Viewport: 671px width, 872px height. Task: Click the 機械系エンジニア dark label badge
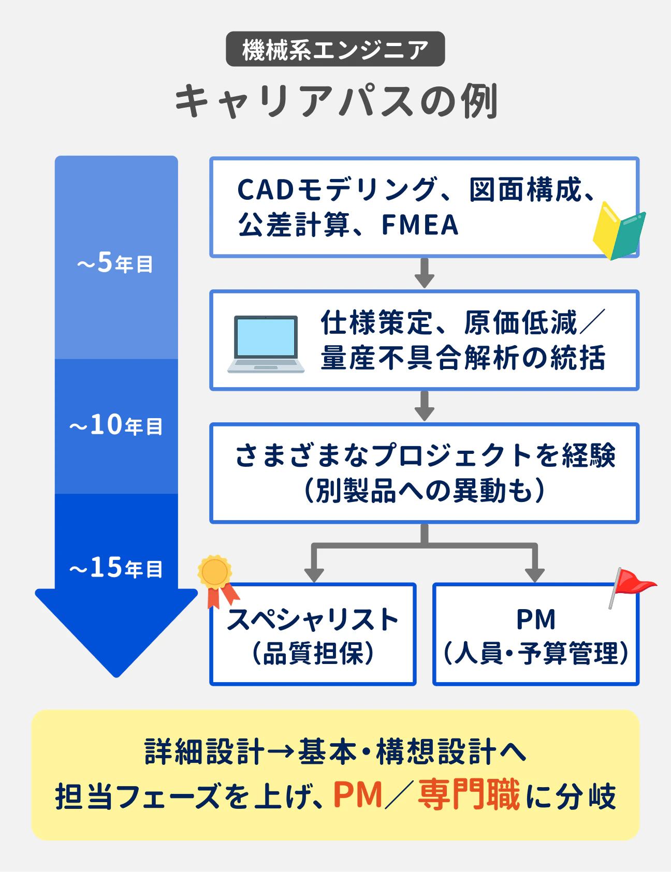pos(335,49)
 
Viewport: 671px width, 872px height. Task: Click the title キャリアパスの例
pos(335,101)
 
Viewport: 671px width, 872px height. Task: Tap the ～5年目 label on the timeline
pos(115,263)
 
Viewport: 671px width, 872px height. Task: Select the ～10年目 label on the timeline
pos(116,425)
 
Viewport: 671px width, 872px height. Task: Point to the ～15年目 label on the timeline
pos(116,568)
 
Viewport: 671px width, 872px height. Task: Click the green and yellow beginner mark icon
pos(619,231)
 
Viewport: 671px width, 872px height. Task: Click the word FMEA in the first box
pos(420,225)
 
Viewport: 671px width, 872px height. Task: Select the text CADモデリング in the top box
pos(337,189)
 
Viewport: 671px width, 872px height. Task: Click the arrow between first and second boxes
pos(424,273)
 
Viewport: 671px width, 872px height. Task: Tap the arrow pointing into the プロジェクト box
pos(424,407)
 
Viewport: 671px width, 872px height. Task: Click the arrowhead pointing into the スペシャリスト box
pos(314,574)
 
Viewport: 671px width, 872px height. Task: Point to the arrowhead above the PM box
pos(534,574)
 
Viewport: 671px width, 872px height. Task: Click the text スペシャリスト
pos(313,619)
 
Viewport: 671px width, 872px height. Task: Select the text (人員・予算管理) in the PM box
pos(536,653)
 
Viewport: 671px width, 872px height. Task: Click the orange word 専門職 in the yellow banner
pos(469,795)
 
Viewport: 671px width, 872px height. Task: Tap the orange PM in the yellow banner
pos(357,795)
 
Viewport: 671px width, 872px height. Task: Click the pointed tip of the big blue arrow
pos(116,674)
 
